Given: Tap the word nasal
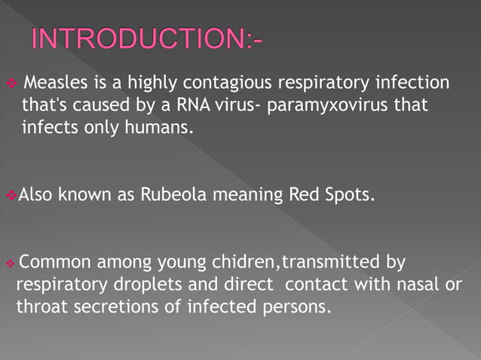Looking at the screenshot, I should click(x=420, y=285).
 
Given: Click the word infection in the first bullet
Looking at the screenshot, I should click(x=415, y=82).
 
